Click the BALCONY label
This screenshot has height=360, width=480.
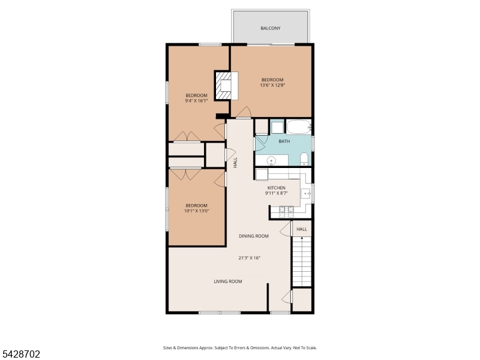tap(271, 28)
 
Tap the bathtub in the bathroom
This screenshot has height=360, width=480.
tap(299, 127)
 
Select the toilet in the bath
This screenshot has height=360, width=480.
tap(304, 158)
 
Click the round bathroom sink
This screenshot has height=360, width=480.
tap(271, 160)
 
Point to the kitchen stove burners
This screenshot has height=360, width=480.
tap(287, 212)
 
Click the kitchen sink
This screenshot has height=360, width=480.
tap(306, 193)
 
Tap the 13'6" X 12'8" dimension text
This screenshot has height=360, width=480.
tap(272, 85)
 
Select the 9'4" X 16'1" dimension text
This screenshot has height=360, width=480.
tap(196, 100)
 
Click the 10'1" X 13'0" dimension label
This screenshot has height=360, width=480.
tap(197, 211)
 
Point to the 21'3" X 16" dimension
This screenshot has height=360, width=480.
tap(249, 258)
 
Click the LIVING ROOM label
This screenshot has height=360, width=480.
tap(228, 281)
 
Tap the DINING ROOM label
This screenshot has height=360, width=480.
tap(253, 236)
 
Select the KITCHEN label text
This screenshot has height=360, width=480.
tap(277, 188)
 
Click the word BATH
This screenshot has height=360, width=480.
tap(284, 141)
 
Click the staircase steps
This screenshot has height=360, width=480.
tap(302, 261)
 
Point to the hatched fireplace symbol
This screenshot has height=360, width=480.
tap(223, 85)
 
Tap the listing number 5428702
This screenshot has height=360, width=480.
tap(20, 354)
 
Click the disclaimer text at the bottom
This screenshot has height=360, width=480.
tap(239, 348)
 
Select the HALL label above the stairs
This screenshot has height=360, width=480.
tap(302, 229)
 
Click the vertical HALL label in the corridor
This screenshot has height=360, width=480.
tap(235, 163)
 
